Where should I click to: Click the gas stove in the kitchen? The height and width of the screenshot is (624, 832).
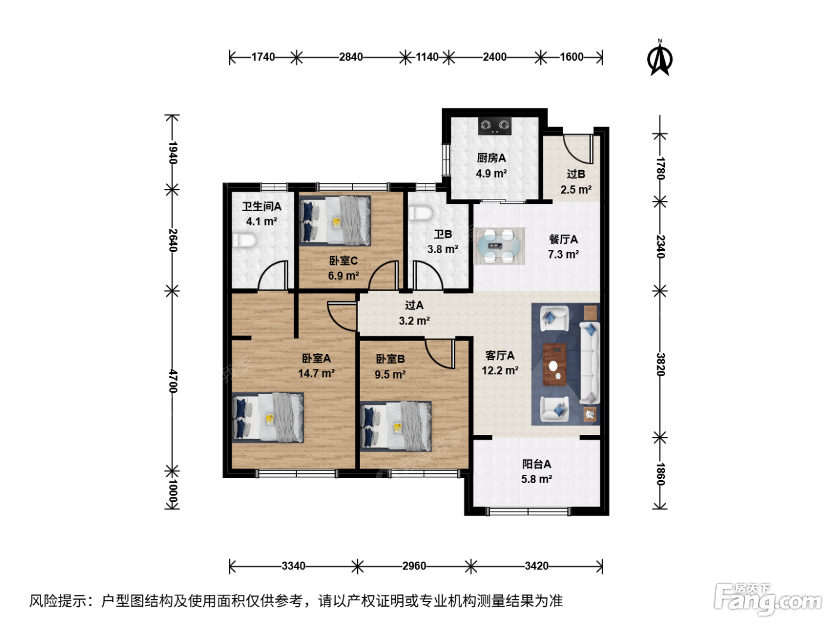494,125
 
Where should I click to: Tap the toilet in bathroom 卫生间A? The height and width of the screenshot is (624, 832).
245,240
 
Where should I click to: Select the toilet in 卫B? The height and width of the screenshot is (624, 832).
420,213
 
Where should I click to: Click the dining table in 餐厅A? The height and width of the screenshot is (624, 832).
499,246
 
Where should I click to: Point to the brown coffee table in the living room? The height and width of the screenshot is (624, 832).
554,364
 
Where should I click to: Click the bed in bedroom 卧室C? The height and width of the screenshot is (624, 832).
335,220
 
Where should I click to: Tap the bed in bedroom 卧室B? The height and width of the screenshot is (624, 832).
396,426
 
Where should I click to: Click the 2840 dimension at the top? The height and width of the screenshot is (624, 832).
351,57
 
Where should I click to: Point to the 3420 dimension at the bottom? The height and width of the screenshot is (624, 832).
537,566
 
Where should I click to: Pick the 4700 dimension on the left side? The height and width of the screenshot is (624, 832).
172,381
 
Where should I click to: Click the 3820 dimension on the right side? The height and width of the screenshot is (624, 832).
660,364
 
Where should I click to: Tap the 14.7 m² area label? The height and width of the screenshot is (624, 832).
316,374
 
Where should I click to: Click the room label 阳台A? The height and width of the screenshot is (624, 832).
537,464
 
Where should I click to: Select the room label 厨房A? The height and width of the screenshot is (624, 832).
491,157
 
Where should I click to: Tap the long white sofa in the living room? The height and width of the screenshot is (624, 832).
590,363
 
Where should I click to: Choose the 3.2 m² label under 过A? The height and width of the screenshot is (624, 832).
414,321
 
